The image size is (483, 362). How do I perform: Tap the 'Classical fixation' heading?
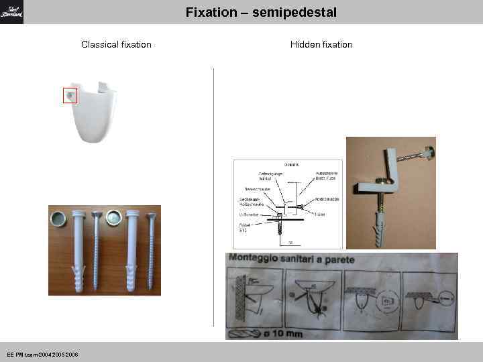pos(116,45)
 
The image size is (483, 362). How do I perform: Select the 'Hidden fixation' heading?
pos(321,45)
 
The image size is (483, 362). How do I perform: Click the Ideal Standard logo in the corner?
pos(11,11)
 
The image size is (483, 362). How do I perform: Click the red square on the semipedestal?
pos(70,95)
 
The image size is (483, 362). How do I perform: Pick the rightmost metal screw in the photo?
pos(151,248)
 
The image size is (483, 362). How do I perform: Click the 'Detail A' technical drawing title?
pos(291,164)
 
